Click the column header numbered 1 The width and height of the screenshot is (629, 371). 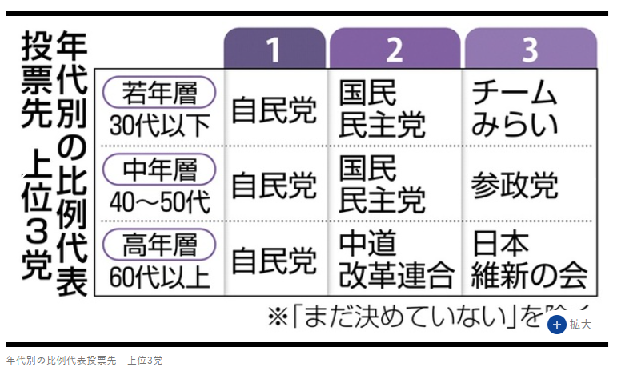pyautogui.click(x=274, y=50)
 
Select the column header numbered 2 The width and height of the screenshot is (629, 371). pyautogui.click(x=394, y=50)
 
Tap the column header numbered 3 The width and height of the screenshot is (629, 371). pyautogui.click(x=530, y=50)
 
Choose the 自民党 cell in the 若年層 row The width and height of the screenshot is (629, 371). pyautogui.click(x=274, y=109)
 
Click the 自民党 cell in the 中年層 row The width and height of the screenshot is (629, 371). pyautogui.click(x=274, y=185)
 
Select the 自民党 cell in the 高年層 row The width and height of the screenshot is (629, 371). pyautogui.click(x=274, y=261)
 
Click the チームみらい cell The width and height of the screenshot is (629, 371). pyautogui.click(x=514, y=109)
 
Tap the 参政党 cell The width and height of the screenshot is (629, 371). pyautogui.click(x=514, y=185)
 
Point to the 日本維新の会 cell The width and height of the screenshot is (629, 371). pyautogui.click(x=528, y=261)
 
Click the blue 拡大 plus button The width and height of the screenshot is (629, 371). pyautogui.click(x=558, y=324)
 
